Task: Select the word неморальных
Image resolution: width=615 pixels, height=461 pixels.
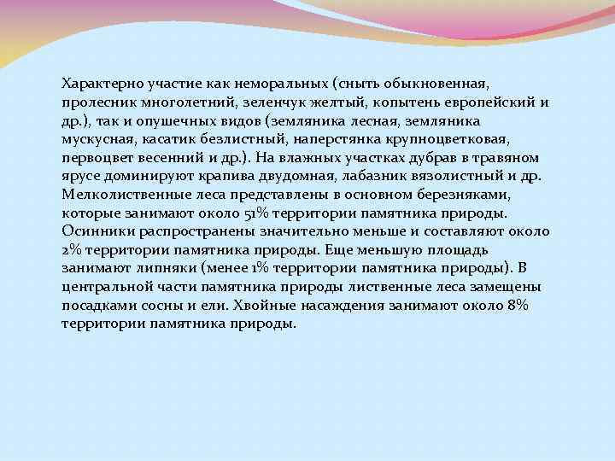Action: (x=284, y=84)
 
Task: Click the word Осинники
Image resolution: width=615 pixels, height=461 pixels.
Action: (x=96, y=231)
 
